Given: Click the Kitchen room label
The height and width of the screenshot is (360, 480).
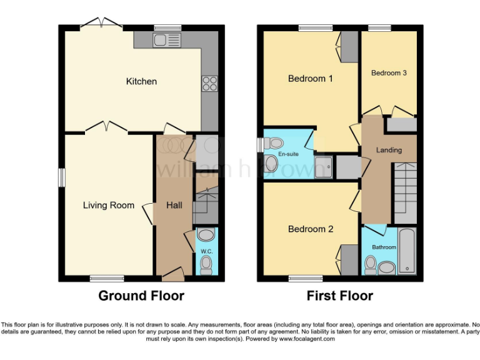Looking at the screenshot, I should coord(141,81).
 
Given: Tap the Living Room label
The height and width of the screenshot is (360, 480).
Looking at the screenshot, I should coord(109,205).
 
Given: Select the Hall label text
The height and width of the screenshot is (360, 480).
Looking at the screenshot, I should coord(174,205).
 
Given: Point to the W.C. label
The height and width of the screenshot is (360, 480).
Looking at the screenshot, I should coord(206,251).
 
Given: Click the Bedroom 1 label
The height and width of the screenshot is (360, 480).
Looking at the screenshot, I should coord(310,79).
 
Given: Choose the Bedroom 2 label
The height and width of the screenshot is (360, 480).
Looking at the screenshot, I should coord(310,229).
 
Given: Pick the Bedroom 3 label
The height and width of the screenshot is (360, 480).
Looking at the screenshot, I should coord(389,73).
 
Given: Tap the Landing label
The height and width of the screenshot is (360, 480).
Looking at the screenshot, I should coord(388,150).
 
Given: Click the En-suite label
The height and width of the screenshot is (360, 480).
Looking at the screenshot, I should coord(287,153).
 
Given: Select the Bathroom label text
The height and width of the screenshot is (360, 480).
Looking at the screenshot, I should coord(384,247).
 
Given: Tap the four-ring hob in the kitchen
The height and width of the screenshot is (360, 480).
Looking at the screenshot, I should coord(209,83).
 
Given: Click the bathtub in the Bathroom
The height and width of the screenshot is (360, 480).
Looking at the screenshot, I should coord(407,252).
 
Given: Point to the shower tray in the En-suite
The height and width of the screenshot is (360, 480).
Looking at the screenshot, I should coord(324,166).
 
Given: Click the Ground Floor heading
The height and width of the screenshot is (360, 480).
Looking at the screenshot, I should coord(141,296).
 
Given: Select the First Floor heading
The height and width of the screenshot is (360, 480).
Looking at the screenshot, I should coord(340,296).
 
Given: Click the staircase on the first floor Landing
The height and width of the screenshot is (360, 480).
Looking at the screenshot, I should coord(405,187).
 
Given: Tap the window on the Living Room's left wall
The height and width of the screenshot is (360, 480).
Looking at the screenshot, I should coord(62,177).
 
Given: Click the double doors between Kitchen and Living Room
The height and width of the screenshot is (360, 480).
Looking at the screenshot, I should coord(106,128).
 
